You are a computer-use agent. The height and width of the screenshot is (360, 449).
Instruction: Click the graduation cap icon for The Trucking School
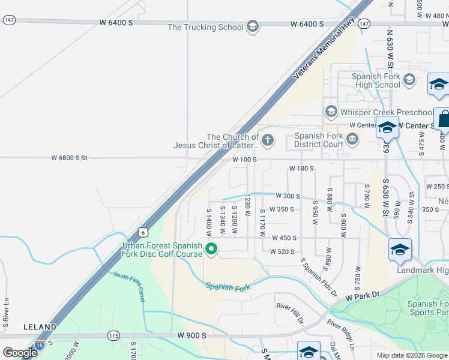[253, 27]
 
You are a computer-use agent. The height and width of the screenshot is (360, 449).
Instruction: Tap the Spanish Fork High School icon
[409, 79]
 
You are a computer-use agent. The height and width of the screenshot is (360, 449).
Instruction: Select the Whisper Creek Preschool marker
[330, 112]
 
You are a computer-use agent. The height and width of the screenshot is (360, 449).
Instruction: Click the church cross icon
[268, 141]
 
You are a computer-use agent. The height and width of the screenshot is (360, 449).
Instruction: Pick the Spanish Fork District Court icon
[352, 140]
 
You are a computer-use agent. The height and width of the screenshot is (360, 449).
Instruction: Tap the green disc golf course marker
[211, 248]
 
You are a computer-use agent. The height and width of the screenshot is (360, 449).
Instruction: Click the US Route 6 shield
[142, 232]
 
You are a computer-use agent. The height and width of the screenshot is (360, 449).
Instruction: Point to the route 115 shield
[112, 335]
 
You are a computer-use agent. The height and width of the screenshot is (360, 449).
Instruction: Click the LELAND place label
[40, 327]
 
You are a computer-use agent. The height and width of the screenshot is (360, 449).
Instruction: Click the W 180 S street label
[301, 169]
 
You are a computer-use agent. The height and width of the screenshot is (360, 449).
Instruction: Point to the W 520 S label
[282, 251]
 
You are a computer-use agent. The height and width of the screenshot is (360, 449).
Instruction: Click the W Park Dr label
[363, 296]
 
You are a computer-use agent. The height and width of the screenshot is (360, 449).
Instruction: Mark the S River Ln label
[5, 313]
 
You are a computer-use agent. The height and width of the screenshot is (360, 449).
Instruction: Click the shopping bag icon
[443, 119]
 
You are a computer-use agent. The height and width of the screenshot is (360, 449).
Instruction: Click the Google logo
[20, 353]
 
